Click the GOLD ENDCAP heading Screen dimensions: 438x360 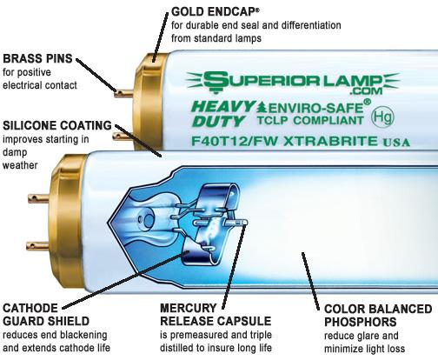click(x=214, y=12)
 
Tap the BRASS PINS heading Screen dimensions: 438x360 click(x=37, y=58)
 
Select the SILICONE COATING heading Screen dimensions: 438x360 click(x=57, y=125)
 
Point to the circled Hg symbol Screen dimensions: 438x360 click(x=382, y=117)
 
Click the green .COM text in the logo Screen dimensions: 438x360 click(x=366, y=91)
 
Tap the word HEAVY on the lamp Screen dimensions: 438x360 click(x=223, y=107)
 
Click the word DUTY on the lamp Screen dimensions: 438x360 click(x=218, y=121)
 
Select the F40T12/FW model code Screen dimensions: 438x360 click(x=234, y=141)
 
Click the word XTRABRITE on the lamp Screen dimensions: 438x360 click(x=330, y=141)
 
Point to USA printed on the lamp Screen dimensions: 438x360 click(x=396, y=142)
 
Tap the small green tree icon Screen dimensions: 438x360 click(x=262, y=107)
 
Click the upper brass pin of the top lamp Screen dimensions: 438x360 click(x=123, y=93)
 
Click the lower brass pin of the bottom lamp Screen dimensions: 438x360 click(x=38, y=246)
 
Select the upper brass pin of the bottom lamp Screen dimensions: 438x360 click(x=39, y=198)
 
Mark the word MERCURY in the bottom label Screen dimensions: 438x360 click(x=189, y=308)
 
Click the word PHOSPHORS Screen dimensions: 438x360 click(x=361, y=322)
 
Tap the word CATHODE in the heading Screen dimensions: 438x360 click(x=30, y=308)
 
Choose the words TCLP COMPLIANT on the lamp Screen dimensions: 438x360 click(x=310, y=120)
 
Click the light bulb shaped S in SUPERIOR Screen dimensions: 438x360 click(x=215, y=82)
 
